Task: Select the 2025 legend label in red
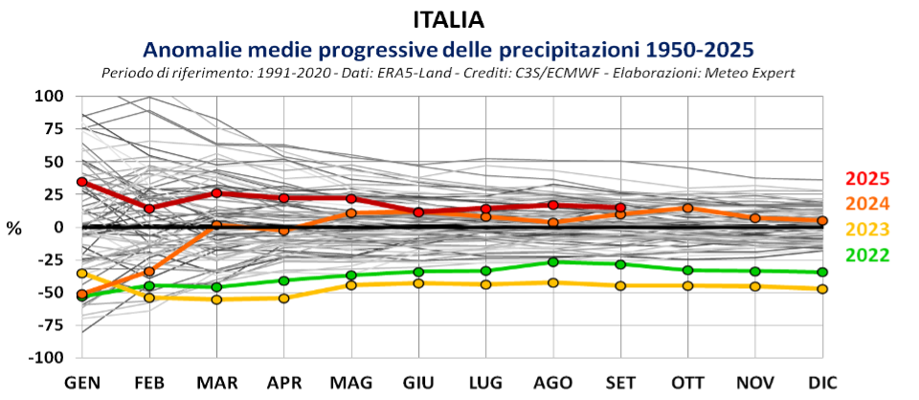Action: [867, 179]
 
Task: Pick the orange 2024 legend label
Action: [867, 204]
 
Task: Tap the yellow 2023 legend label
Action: [867, 230]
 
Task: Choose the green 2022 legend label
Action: [867, 255]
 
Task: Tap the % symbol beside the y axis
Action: [14, 229]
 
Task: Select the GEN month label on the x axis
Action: [83, 382]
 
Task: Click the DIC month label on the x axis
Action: [822, 382]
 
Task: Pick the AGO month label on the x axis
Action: [553, 382]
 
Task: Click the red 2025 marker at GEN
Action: [82, 182]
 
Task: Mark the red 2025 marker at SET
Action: [620, 208]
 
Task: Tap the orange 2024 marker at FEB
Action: [149, 272]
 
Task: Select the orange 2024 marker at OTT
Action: [687, 208]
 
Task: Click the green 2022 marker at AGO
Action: [553, 262]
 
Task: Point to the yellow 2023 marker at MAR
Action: [216, 300]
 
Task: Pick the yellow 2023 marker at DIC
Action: [822, 289]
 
